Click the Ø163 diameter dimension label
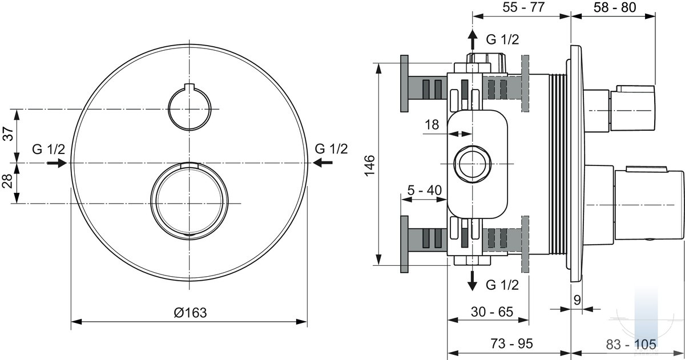(190, 313)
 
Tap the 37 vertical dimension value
(9, 134)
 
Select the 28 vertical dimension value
(7, 181)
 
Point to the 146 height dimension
(369, 165)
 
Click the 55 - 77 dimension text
(523, 7)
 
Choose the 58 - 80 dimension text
(615, 7)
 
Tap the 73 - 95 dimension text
(511, 343)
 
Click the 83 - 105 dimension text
(631, 345)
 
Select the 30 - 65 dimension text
(492, 312)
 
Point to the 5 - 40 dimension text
(425, 191)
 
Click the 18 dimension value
(432, 125)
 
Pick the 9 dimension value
(577, 300)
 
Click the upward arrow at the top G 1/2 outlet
(473, 39)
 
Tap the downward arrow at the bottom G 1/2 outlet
(473, 281)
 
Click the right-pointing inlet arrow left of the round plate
(57, 163)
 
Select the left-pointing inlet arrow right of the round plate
(323, 163)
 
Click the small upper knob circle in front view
(190, 130)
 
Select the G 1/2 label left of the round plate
(49, 149)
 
